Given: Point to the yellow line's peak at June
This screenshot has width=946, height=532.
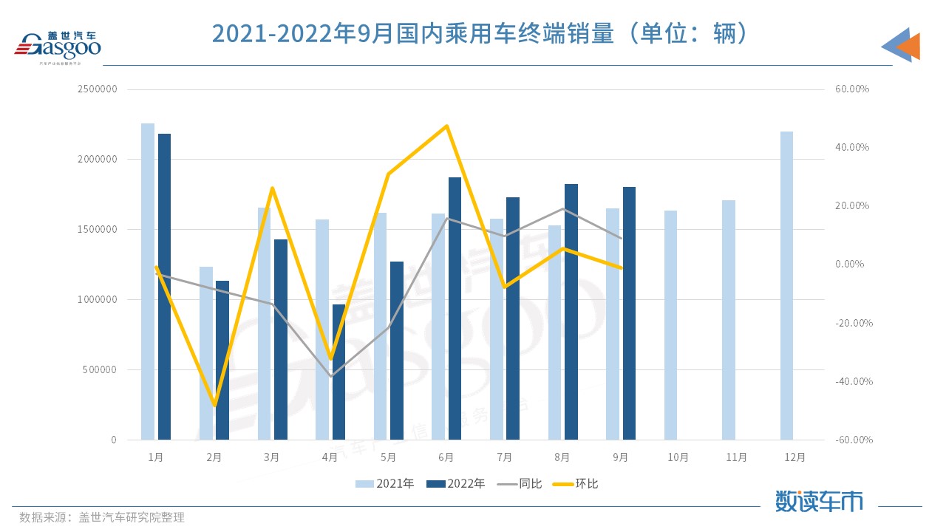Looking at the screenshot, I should click(x=446, y=126).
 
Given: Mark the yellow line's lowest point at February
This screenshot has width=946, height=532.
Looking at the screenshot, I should click(x=214, y=405).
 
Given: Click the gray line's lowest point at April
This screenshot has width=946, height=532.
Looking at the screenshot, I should click(x=330, y=376).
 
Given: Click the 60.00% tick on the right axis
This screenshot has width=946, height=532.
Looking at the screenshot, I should click(x=851, y=89).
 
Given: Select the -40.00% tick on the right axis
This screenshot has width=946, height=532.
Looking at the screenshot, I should click(x=851, y=381).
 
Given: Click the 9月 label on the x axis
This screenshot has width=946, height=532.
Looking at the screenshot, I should click(x=621, y=457).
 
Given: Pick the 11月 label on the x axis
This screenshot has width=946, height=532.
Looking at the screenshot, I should click(x=737, y=457).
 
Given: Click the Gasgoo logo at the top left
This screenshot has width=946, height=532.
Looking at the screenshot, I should click(x=58, y=47).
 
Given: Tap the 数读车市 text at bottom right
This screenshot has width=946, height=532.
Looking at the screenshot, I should click(x=819, y=501).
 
